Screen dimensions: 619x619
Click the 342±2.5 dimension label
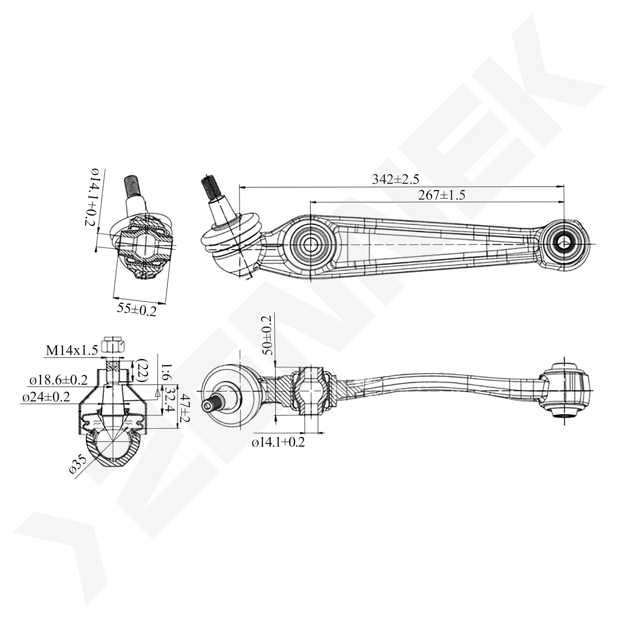pyautogui.click(x=395, y=180)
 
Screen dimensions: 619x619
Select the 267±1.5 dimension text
pyautogui.click(x=442, y=195)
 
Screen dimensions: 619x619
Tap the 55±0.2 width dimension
pyautogui.click(x=136, y=309)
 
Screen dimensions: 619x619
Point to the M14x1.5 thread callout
pyautogui.click(x=72, y=351)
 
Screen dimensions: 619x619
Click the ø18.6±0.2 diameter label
pyautogui.click(x=58, y=380)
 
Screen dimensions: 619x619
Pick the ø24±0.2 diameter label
pyautogui.click(x=46, y=397)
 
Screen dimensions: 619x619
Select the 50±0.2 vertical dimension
pyautogui.click(x=267, y=335)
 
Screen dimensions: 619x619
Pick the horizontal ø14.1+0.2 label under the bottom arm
pyautogui.click(x=278, y=443)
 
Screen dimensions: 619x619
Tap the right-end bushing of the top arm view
pyautogui.click(x=564, y=244)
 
